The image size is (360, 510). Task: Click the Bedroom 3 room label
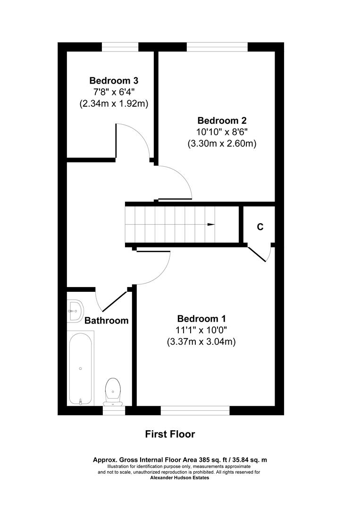114,80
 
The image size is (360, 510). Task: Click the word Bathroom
106,321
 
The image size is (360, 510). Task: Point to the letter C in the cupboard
260,227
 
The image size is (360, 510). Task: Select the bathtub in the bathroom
80,367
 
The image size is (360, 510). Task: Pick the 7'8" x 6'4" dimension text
114,92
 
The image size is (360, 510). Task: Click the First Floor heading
170,434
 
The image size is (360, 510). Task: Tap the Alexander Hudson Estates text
179,477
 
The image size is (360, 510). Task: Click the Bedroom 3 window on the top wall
120,46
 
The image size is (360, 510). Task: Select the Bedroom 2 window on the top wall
217,46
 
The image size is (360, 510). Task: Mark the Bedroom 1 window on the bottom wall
195,410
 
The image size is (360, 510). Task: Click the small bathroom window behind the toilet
114,410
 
